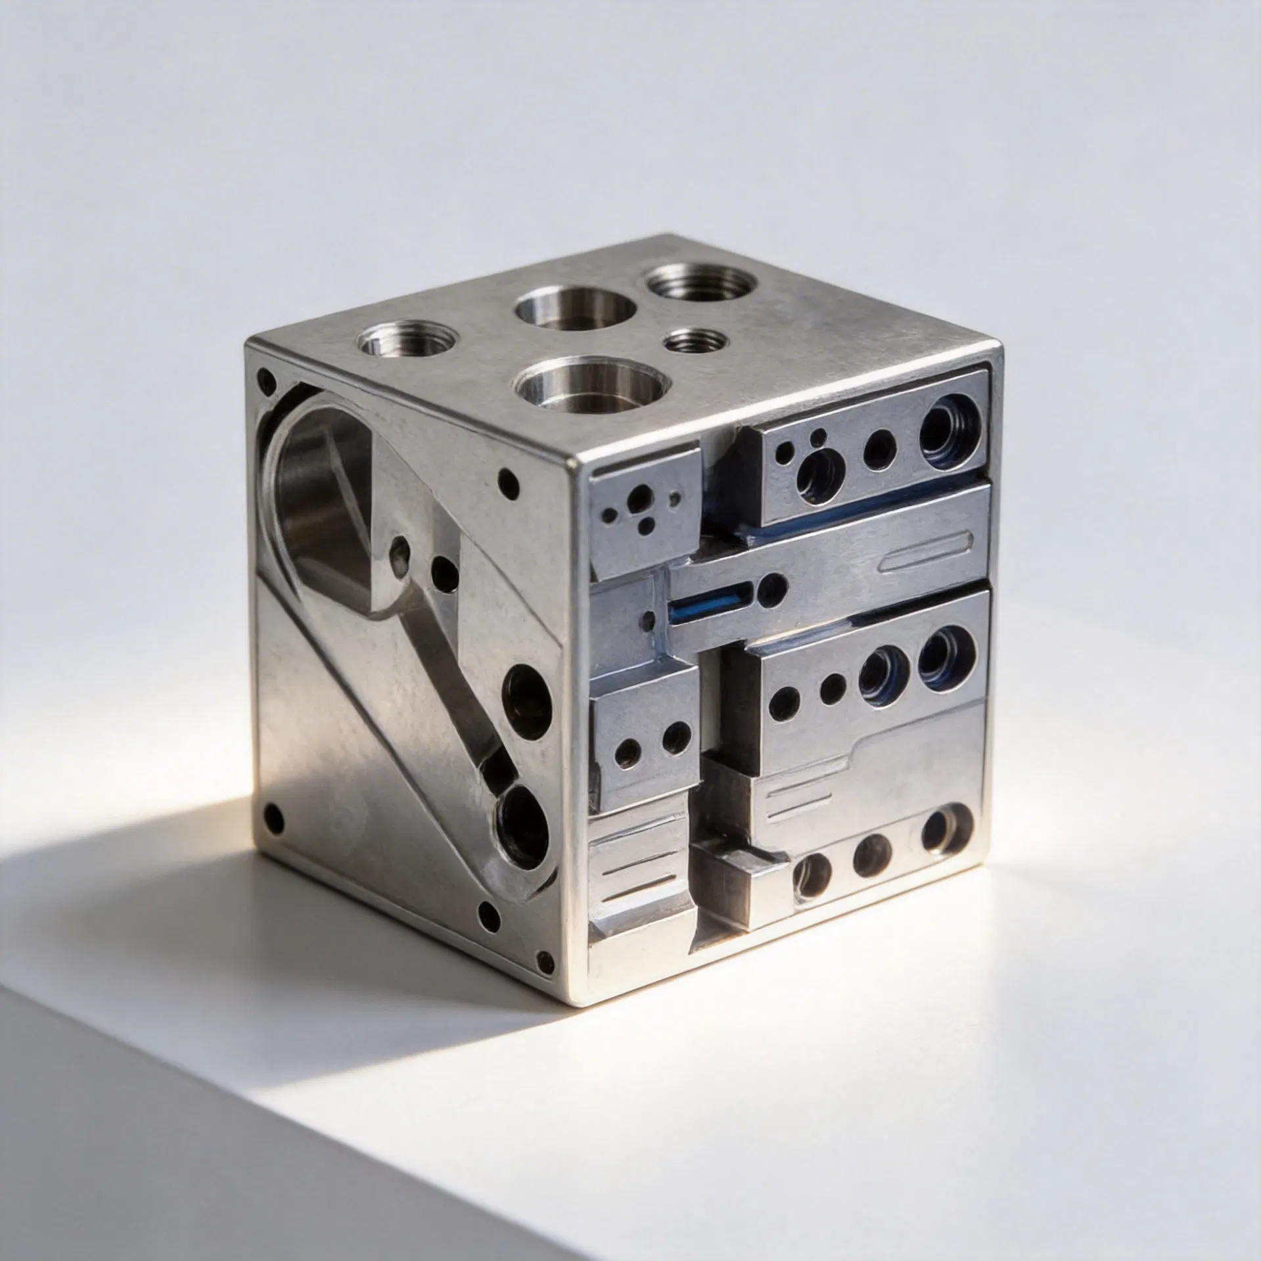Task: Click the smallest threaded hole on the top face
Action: (695, 341)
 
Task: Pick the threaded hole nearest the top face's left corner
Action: (409, 341)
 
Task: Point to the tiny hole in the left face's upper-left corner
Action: (267, 379)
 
